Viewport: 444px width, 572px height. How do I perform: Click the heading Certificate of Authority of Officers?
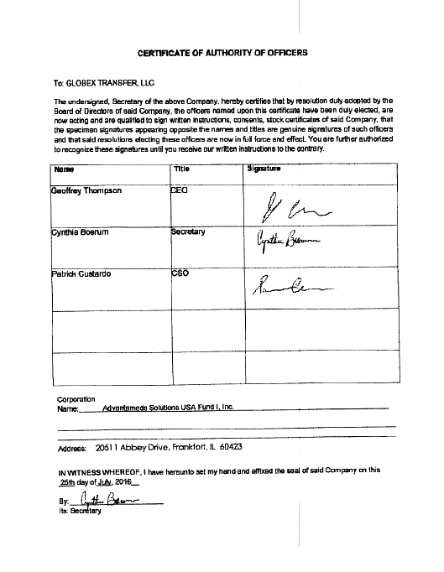pos(222,52)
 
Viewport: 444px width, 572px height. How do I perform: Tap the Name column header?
pos(63,169)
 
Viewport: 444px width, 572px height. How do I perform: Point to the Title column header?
pos(181,169)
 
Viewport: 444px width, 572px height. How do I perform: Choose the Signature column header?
pos(264,169)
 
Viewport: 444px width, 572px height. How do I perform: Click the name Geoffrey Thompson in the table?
pos(86,190)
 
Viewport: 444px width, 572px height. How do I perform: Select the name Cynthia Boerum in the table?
pos(81,231)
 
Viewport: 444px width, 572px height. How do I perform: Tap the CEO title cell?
pos(180,190)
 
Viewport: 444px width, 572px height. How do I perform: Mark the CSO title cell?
pos(180,273)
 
